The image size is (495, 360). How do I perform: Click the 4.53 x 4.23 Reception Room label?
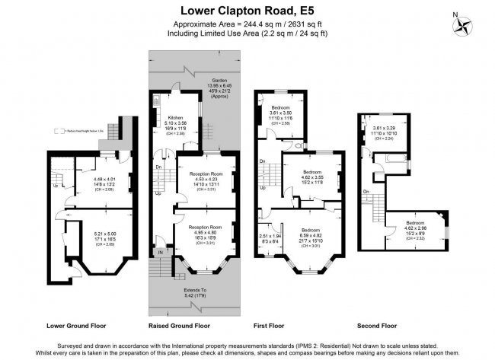(200, 179)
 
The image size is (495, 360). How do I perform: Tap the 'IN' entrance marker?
(161, 251)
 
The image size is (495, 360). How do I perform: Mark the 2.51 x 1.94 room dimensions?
(270, 240)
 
